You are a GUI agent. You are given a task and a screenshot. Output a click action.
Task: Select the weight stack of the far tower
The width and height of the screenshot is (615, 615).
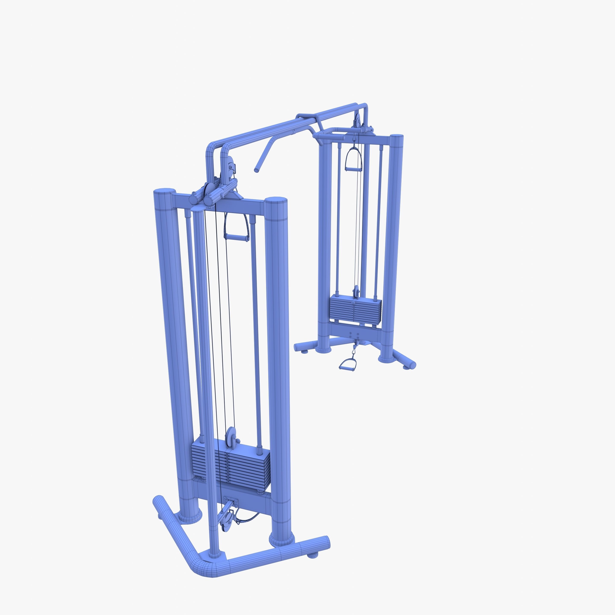[355, 309]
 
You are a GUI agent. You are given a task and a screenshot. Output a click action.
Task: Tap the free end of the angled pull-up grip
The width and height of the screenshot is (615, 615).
[256, 171]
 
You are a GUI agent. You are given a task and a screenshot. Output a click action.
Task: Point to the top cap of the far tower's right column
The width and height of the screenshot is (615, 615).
[397, 137]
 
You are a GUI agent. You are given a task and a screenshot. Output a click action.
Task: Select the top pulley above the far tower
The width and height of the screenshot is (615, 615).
[357, 122]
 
